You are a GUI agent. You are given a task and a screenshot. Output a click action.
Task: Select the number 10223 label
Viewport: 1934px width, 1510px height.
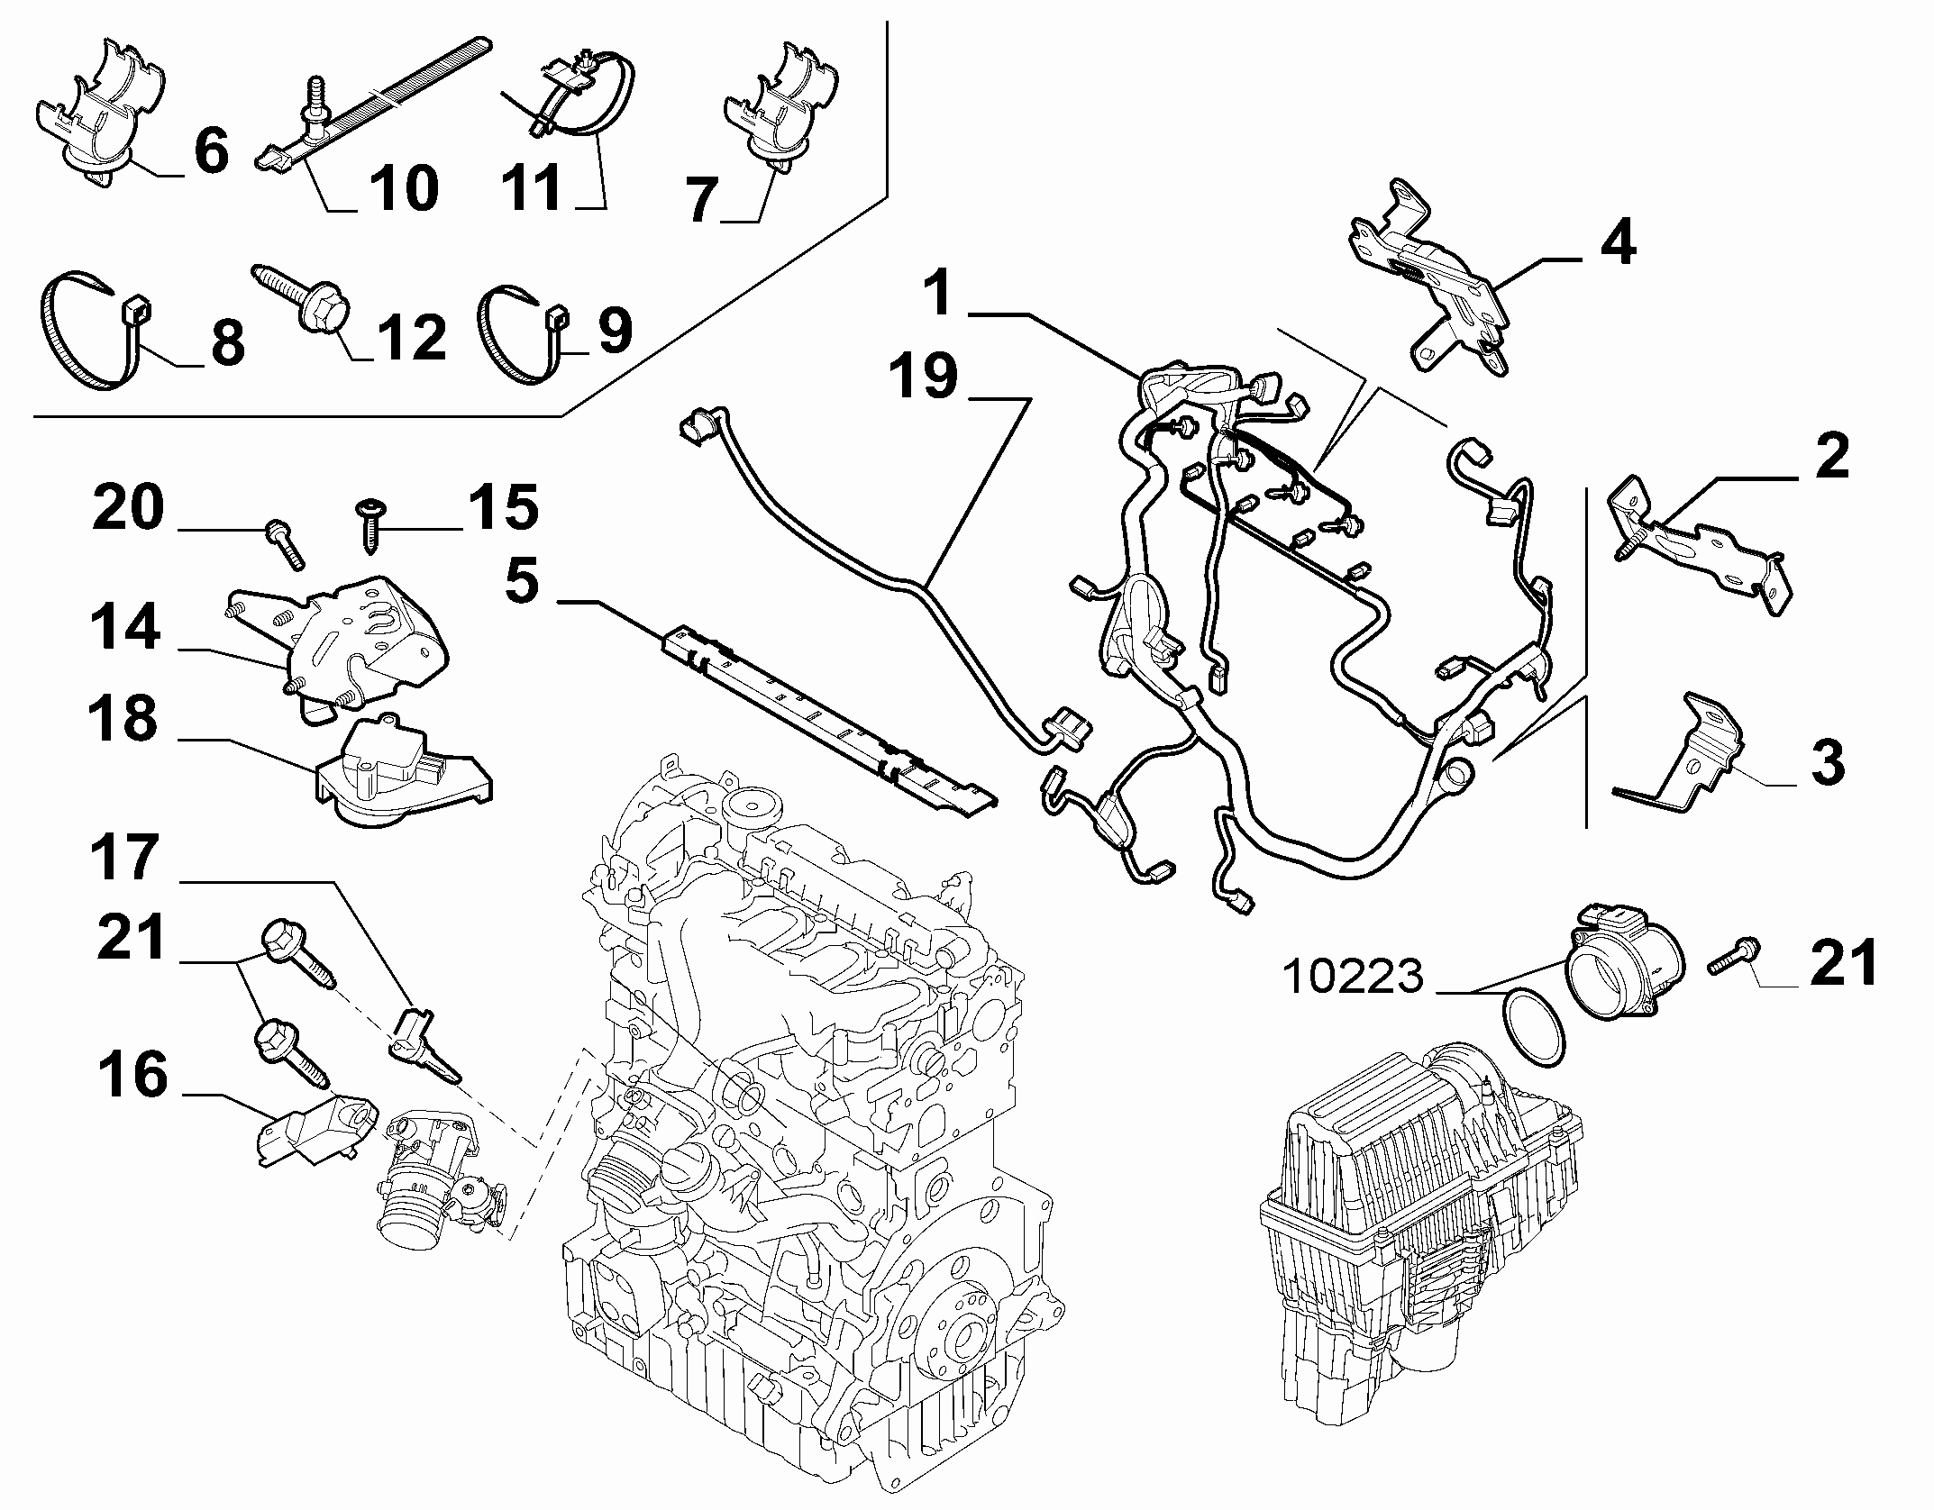click(x=1353, y=978)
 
